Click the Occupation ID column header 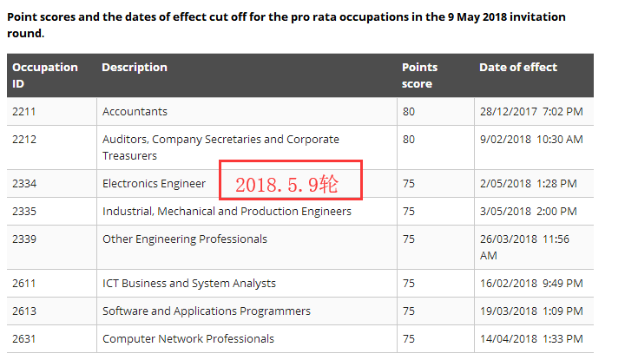[45, 75]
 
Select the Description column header [135, 68]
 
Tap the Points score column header [419, 75]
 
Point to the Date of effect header [518, 68]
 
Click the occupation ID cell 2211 [25, 112]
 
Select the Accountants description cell [135, 112]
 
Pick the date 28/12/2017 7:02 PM [530, 112]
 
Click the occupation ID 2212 [25, 140]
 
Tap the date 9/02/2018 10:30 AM [530, 140]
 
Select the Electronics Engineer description [155, 184]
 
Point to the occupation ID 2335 [25, 212]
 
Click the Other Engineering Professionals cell [185, 239]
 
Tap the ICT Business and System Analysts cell [189, 284]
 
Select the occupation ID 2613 [25, 311]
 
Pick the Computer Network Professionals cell [188, 339]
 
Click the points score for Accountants [410, 112]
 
